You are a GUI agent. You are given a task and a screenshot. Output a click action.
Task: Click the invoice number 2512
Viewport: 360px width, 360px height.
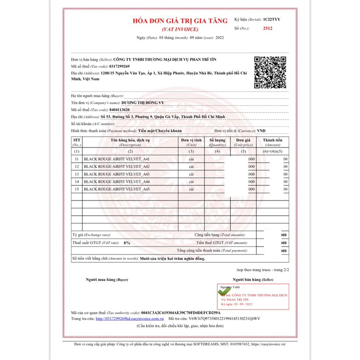[x=267, y=28]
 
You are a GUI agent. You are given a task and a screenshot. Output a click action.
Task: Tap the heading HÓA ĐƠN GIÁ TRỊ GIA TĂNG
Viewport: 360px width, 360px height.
[x=180, y=21]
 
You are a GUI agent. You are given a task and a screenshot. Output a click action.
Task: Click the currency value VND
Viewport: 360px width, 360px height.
[x=261, y=130]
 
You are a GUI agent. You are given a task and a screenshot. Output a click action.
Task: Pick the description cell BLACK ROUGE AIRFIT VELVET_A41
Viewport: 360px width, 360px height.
[x=117, y=159]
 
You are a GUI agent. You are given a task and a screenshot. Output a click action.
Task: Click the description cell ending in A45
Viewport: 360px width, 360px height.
[x=117, y=189]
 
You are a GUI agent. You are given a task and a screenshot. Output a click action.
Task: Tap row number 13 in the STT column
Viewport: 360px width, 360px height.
[x=76, y=174]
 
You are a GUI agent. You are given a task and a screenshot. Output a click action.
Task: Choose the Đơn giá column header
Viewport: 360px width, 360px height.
[x=243, y=143]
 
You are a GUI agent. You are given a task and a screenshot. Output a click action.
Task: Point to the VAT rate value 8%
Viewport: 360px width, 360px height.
[x=127, y=243]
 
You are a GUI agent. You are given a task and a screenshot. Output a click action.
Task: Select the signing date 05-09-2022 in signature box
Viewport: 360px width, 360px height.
[x=246, y=305]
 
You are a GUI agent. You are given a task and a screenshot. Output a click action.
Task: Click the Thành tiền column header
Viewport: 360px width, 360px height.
[x=273, y=143]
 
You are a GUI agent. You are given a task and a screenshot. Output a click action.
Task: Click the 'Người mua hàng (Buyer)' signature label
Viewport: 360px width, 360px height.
[x=107, y=279]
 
